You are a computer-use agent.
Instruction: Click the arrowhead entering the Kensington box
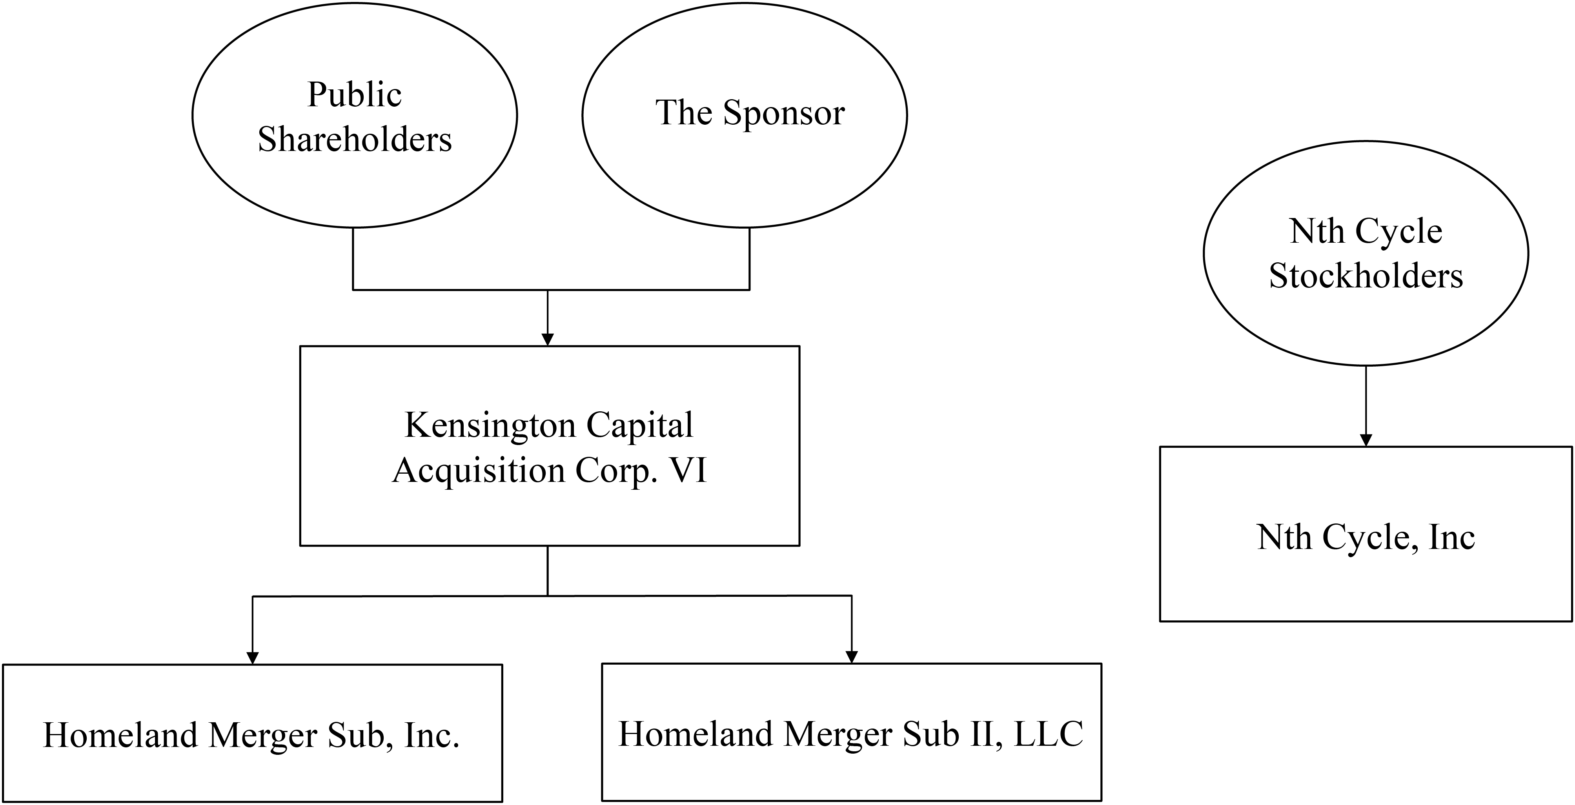548,339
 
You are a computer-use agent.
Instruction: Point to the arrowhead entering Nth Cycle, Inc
1366,440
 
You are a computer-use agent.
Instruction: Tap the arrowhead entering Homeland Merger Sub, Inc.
253,658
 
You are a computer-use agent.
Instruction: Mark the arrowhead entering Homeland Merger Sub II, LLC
852,656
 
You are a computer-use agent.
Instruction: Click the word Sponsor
785,114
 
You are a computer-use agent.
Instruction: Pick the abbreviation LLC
1049,734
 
